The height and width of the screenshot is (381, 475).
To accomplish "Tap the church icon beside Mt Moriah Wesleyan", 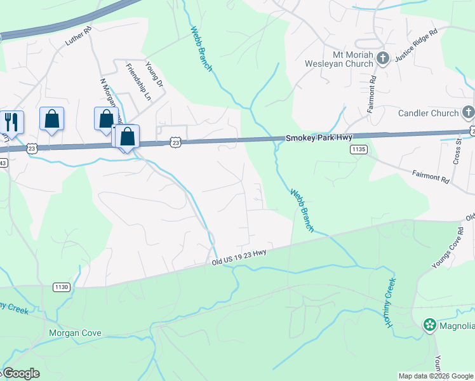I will point(382,59).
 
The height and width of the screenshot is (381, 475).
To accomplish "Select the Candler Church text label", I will point(428,113).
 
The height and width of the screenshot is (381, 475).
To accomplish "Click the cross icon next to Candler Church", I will point(467,113).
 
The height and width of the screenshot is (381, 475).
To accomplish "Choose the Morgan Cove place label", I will point(75,333).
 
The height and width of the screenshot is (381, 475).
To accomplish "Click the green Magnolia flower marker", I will point(429,326).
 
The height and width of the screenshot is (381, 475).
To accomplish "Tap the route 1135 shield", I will point(358,149).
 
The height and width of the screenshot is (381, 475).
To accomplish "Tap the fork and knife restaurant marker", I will point(11,119).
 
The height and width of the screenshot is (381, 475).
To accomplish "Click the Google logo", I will point(20,373).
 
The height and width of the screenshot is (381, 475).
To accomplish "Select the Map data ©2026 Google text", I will point(436,376).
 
